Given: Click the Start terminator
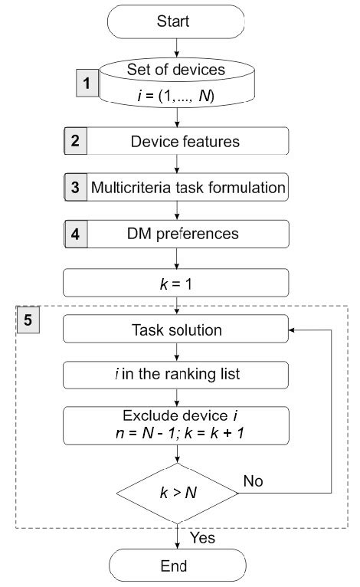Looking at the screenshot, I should (x=177, y=21).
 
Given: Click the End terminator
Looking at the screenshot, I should (x=177, y=568).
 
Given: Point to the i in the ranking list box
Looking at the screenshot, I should (x=177, y=376).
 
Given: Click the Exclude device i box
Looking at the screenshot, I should (x=177, y=425).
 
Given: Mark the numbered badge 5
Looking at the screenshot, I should (x=28, y=319).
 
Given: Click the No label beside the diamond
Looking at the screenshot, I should (x=254, y=480).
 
